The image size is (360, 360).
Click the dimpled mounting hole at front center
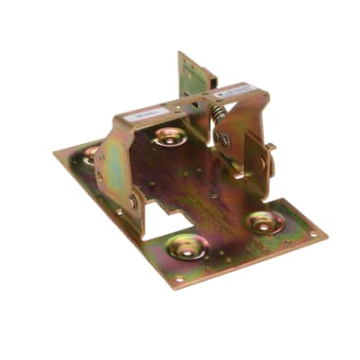188,247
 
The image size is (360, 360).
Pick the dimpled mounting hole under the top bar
169,137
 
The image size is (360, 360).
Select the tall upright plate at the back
191,76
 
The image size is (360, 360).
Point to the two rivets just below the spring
220,139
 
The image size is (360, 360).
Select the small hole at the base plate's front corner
179,279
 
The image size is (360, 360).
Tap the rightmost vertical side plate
257,162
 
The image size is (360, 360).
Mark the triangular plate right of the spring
236,135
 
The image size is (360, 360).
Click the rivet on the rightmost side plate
264,165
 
